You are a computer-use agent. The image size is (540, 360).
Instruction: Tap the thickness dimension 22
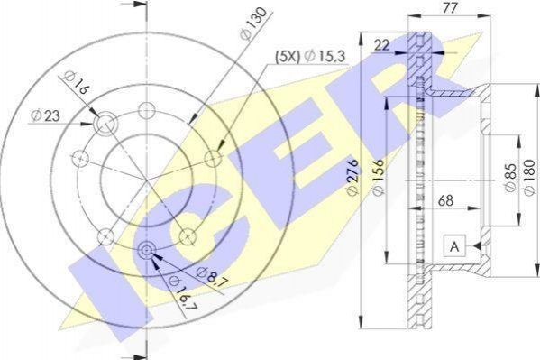click(x=381, y=45)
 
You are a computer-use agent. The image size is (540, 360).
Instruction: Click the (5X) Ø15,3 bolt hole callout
click(x=309, y=56)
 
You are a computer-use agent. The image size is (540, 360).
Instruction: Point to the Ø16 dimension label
click(x=76, y=83)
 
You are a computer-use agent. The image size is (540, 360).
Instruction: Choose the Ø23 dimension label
click(x=45, y=115)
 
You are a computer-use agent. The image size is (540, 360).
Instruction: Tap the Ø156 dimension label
click(x=379, y=178)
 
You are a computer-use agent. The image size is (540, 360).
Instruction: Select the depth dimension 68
click(x=445, y=200)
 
